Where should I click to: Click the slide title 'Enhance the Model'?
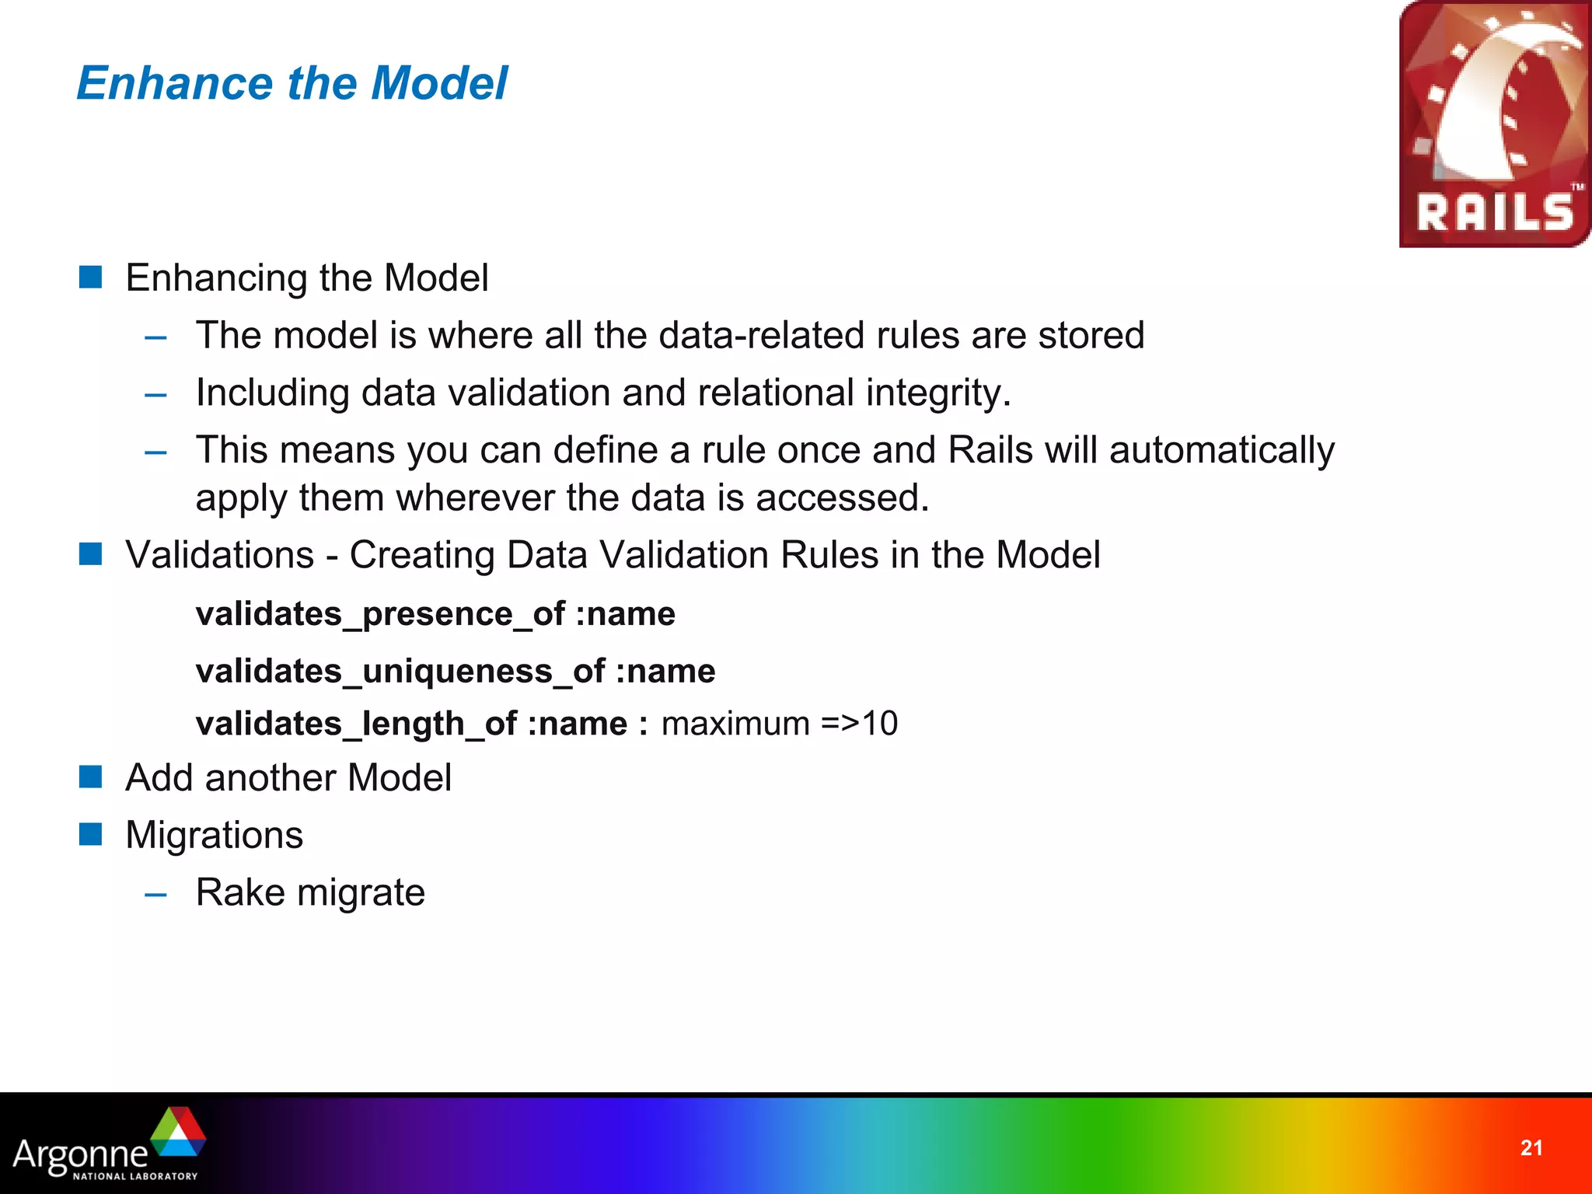[292, 83]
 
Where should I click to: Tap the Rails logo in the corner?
[1494, 124]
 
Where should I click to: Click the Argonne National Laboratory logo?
[109, 1145]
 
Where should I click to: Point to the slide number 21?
[1531, 1148]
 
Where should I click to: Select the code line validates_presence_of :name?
[435, 614]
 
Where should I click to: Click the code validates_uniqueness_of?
[400, 672]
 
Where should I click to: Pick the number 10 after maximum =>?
[880, 724]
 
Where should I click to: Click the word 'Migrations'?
[214, 836]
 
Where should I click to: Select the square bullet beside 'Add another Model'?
[91, 777]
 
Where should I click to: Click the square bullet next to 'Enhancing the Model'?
[91, 277]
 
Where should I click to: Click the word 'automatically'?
[1221, 450]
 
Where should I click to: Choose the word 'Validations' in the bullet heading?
[220, 556]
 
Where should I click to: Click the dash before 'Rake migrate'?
[155, 894]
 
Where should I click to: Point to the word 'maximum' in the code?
[735, 724]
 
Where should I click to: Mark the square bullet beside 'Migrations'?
[91, 834]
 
